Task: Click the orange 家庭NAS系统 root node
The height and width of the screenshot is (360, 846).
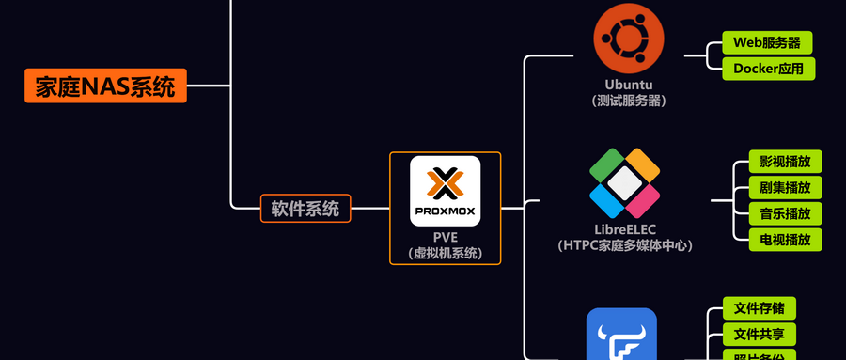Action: pyautogui.click(x=105, y=86)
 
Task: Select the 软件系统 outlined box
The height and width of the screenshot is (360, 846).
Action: pyautogui.click(x=305, y=208)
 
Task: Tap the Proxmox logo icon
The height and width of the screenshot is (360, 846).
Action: pyautogui.click(x=446, y=191)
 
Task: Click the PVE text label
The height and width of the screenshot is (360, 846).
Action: pyautogui.click(x=446, y=236)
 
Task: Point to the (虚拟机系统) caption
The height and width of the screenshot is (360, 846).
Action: pyautogui.click(x=446, y=253)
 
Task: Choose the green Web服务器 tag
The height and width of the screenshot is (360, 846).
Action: pyautogui.click(x=767, y=42)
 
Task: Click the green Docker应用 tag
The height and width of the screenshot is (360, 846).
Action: pyautogui.click(x=768, y=69)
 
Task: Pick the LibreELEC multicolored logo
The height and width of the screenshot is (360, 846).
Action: pyautogui.click(x=625, y=182)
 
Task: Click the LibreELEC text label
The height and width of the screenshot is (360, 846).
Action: pyautogui.click(x=625, y=228)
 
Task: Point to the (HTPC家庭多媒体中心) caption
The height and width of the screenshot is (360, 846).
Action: pyautogui.click(x=625, y=245)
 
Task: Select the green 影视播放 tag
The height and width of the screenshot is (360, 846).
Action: pyautogui.click(x=785, y=161)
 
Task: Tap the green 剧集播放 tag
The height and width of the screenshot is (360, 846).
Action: pyautogui.click(x=785, y=187)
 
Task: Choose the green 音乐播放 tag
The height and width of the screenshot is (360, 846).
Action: pyautogui.click(x=785, y=213)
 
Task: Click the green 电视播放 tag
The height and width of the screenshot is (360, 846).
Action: pyautogui.click(x=785, y=240)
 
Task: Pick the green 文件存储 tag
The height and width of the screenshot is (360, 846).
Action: pyautogui.click(x=760, y=308)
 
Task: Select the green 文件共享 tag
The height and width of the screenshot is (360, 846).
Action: pyautogui.click(x=760, y=335)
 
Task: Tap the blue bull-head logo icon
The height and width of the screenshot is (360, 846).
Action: pyautogui.click(x=621, y=337)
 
